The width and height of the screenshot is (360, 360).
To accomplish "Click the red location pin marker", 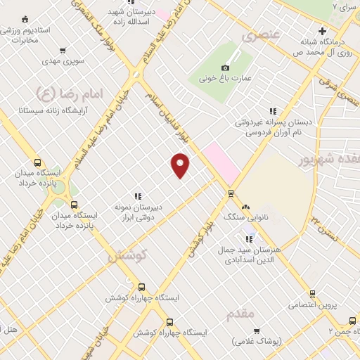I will pos(181,165).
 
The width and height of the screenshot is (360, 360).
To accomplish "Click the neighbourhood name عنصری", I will pos(262,34).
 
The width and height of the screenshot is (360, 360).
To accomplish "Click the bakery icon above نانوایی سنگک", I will pos(245,207).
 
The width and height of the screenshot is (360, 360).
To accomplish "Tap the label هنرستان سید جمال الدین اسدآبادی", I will pos(251,255).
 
